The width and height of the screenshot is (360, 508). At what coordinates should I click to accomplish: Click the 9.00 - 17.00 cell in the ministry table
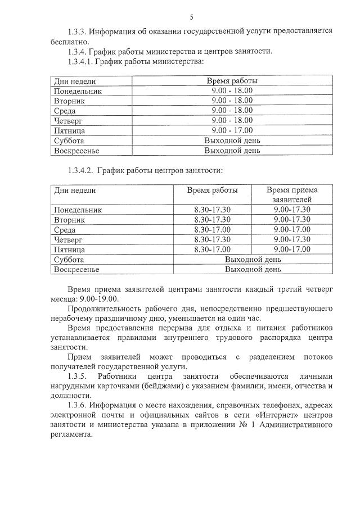coord(232,130)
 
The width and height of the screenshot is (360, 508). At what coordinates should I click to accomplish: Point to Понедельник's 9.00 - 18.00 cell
coord(232,90)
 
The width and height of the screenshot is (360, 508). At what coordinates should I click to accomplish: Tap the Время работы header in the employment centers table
coord(212,190)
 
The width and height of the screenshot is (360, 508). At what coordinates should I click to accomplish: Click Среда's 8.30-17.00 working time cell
coord(212,229)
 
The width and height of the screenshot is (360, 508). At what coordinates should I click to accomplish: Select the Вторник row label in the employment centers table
coord(69,220)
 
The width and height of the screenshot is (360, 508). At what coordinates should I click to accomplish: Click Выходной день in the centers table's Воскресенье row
coord(253,270)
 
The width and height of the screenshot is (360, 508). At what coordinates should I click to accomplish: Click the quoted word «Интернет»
coord(242,415)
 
